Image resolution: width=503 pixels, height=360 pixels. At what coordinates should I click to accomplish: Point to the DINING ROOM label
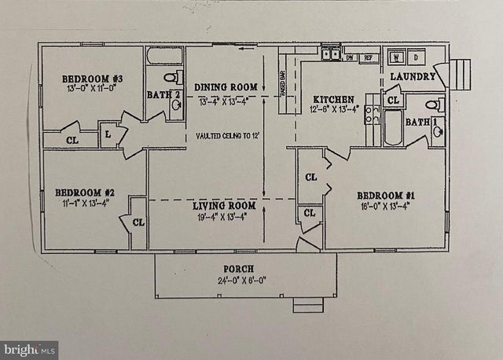click(226, 86)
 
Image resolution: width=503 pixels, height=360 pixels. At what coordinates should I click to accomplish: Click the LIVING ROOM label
click(226, 206)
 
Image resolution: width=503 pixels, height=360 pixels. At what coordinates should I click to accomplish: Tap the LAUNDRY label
click(413, 76)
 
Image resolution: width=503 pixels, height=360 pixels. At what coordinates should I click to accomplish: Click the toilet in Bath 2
click(171, 77)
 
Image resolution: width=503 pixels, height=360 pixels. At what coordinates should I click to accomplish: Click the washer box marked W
click(397, 58)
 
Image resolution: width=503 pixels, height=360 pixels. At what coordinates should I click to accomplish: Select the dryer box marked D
click(416, 58)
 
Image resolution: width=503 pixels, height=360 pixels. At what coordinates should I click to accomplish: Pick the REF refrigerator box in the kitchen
click(366, 57)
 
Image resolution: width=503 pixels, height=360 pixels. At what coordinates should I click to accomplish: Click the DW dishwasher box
click(350, 57)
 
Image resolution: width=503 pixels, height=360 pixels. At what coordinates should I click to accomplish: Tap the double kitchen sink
click(330, 56)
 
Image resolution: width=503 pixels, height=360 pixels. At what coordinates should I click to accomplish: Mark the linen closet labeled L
click(108, 135)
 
